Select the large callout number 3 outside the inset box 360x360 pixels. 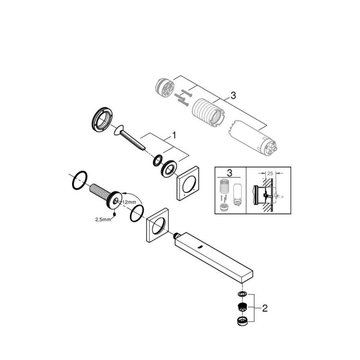point(233,96)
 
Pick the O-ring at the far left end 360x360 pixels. point(79,182)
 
